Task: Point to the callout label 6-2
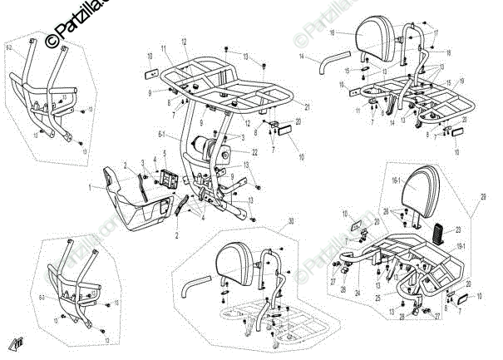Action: click(9, 49)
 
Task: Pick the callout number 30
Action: click(292, 221)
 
